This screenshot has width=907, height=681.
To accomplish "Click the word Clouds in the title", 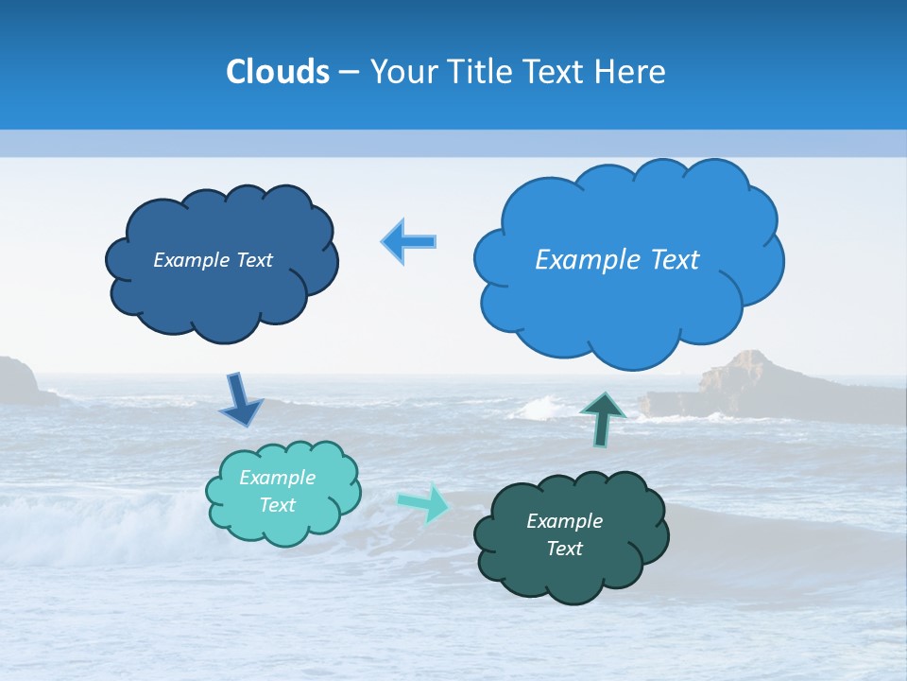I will tap(278, 72).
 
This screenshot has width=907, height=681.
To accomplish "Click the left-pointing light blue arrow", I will tap(409, 242).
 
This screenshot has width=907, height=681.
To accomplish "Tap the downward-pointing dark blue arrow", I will tap(240, 401).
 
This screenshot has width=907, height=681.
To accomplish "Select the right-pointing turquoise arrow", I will tap(425, 502).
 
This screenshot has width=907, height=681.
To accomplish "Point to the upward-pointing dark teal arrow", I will tap(603, 418).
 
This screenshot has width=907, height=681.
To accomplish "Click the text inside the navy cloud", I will tap(213, 260).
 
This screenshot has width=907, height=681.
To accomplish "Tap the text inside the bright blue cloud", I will tap(617, 260).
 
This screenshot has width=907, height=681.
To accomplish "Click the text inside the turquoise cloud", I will tap(278, 491).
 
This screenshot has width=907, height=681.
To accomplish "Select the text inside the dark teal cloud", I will tap(565, 534).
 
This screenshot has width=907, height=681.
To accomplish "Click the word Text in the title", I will tap(556, 72).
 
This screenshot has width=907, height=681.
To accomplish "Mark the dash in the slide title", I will tap(349, 72).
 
